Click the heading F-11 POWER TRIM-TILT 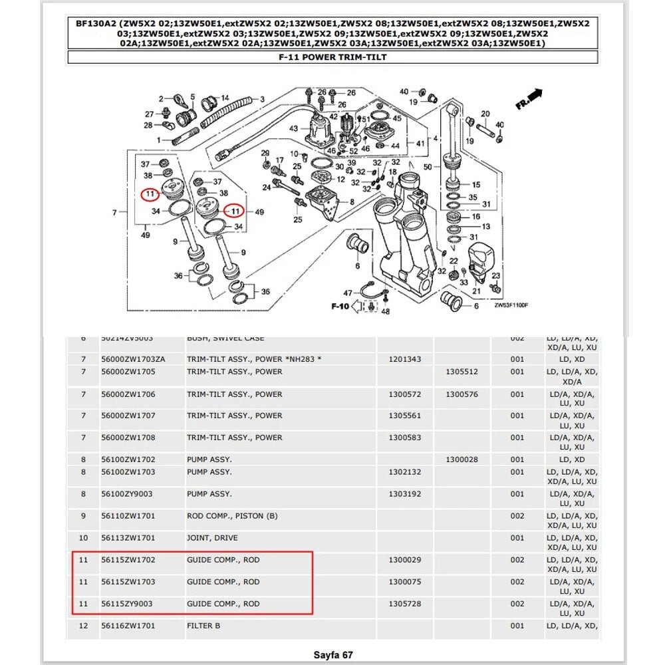(x=332, y=57)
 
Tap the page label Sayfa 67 (x=332, y=655)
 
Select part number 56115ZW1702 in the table (x=128, y=560)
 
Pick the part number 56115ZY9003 (x=128, y=604)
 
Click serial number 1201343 (x=404, y=359)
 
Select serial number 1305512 (x=462, y=372)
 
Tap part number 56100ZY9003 (x=128, y=494)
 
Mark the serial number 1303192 (x=404, y=494)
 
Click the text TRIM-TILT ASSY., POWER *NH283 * (x=254, y=359)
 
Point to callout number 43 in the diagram (x=294, y=128)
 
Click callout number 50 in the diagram (x=428, y=166)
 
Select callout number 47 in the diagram (x=348, y=293)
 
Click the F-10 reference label (x=340, y=307)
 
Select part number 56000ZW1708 (x=128, y=438)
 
